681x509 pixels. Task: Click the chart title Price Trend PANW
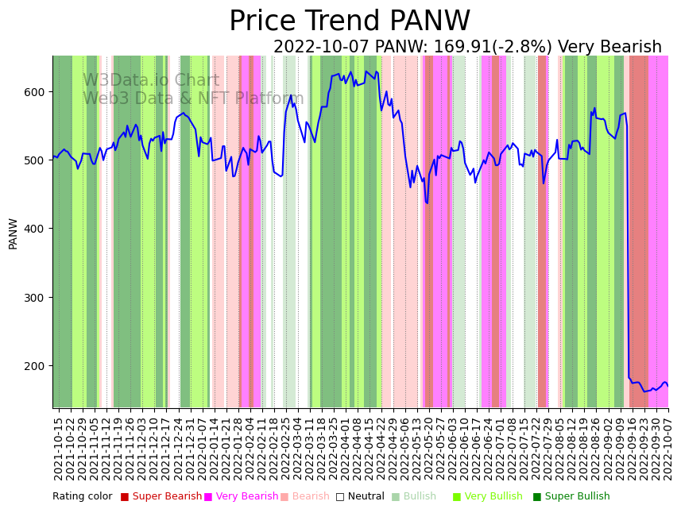click(350, 21)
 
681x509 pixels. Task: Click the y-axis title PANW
click(13, 233)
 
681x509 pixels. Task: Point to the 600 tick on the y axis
click(37, 92)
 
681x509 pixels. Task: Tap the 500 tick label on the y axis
click(37, 160)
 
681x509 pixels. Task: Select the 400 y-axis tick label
click(37, 229)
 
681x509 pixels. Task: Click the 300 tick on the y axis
click(37, 298)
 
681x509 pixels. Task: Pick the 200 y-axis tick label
click(37, 366)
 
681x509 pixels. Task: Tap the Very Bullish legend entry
click(493, 497)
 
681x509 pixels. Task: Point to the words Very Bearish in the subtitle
click(609, 48)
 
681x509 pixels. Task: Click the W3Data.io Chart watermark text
click(151, 81)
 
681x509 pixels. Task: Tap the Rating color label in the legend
click(83, 497)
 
